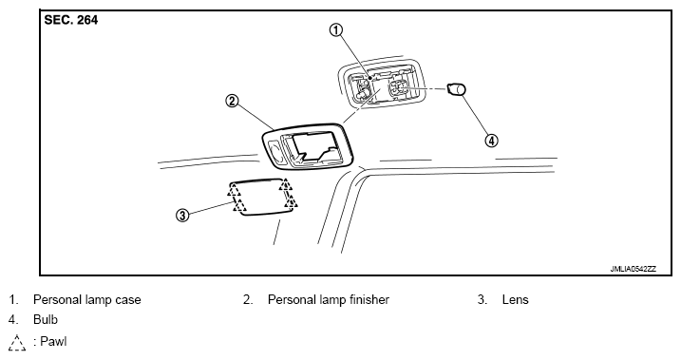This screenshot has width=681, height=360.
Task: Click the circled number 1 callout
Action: coord(336,30)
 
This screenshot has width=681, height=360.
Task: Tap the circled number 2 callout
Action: coord(232,102)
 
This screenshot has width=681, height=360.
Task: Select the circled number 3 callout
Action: coord(183,215)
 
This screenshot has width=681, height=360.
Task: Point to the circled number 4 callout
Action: coord(491,141)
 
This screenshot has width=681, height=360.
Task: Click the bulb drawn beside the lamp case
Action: coord(457,89)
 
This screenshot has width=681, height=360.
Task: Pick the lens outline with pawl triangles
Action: coord(263,198)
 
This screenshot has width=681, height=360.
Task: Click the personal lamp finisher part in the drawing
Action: coord(308,146)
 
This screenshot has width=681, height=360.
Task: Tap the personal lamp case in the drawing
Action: coord(380,83)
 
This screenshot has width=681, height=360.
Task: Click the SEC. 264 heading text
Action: coord(71,20)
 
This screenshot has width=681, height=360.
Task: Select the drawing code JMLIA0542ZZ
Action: coord(634,269)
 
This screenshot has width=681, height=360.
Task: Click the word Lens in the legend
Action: coord(515,299)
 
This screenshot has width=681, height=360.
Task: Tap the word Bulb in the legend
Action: coord(46,319)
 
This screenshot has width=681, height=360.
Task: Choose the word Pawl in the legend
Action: coord(53,341)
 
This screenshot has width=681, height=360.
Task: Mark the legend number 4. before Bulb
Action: coord(13,319)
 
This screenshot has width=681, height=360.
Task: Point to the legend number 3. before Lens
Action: coord(482,299)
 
